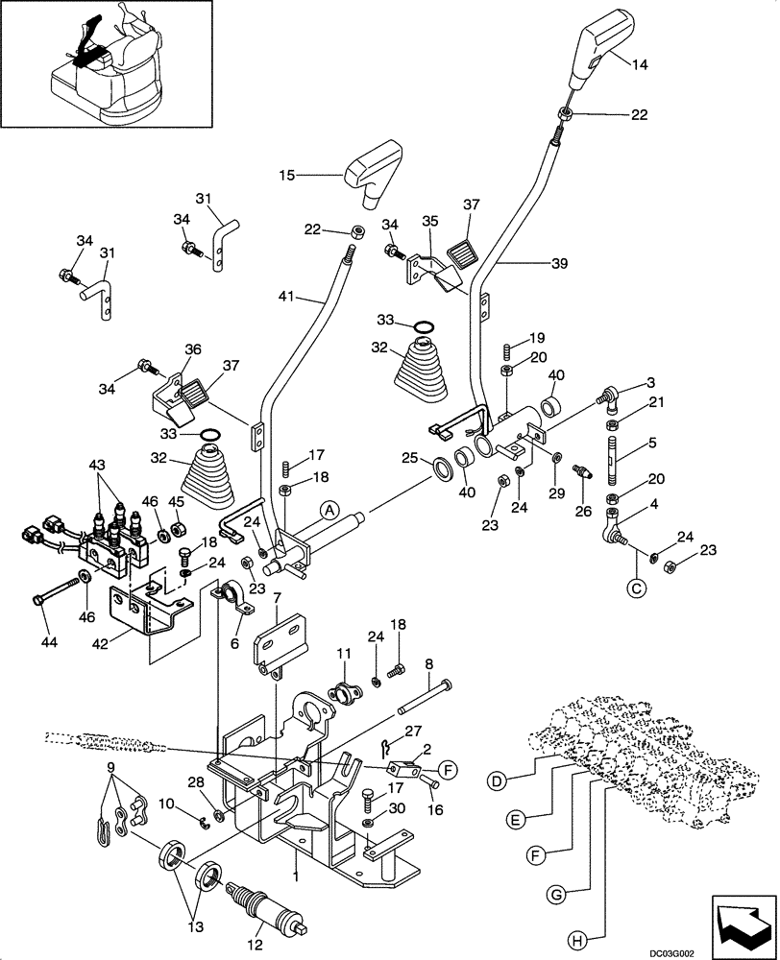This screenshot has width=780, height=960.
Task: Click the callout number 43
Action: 98,465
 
